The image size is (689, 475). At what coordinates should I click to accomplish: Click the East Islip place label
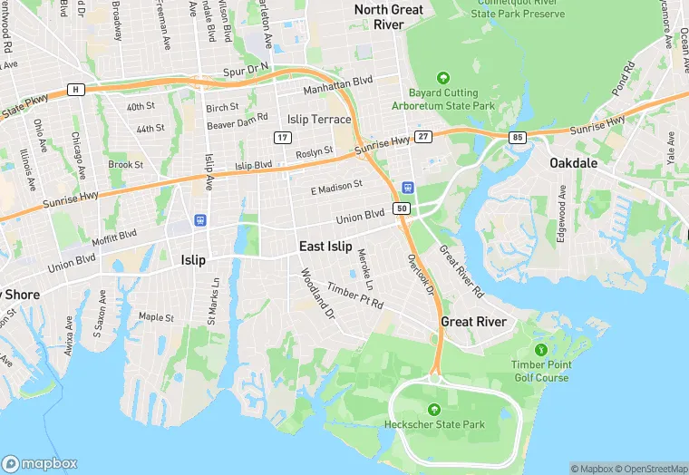pos(325,246)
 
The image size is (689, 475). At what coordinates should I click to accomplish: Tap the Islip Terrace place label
pos(318,120)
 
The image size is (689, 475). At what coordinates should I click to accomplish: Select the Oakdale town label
pos(573,163)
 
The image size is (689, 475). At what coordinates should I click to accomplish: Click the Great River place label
pos(472,322)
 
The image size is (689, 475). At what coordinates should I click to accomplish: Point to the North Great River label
pos(389,17)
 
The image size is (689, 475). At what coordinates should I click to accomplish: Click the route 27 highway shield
pos(422,136)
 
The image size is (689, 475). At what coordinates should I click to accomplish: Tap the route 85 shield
pos(518,138)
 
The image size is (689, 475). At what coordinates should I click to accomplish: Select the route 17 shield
pos(283,137)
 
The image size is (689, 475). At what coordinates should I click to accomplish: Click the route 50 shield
pos(402,208)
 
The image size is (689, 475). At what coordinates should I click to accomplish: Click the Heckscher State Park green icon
pos(433,408)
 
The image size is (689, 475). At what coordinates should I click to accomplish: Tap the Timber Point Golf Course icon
pos(540,349)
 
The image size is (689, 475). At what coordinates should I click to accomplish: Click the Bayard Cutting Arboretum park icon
pos(443,78)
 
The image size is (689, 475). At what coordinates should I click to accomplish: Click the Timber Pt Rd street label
pos(355,296)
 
